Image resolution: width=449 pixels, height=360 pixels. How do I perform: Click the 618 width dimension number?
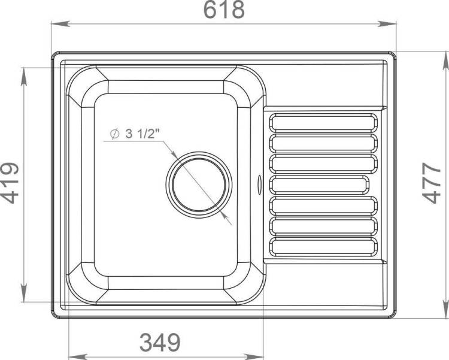coord(224,10)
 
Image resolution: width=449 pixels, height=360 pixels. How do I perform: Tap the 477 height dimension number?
coord(432,183)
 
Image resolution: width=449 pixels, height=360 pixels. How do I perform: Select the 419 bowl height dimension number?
coord(10,183)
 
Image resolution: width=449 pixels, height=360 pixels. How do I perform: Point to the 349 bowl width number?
coord(160,342)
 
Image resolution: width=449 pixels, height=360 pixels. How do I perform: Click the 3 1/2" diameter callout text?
coord(142,134)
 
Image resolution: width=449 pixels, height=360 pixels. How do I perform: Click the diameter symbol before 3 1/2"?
coord(114,134)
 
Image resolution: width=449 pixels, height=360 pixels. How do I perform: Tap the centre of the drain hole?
coord(199,185)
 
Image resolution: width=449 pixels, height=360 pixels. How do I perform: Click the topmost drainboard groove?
coord(323,122)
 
